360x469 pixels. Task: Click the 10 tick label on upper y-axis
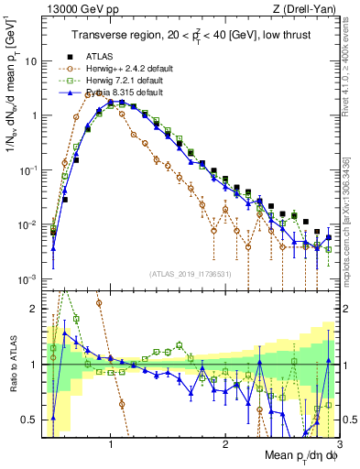(30, 61)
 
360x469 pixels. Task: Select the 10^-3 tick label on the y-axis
(27, 278)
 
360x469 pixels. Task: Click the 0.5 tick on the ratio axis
(28, 420)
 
